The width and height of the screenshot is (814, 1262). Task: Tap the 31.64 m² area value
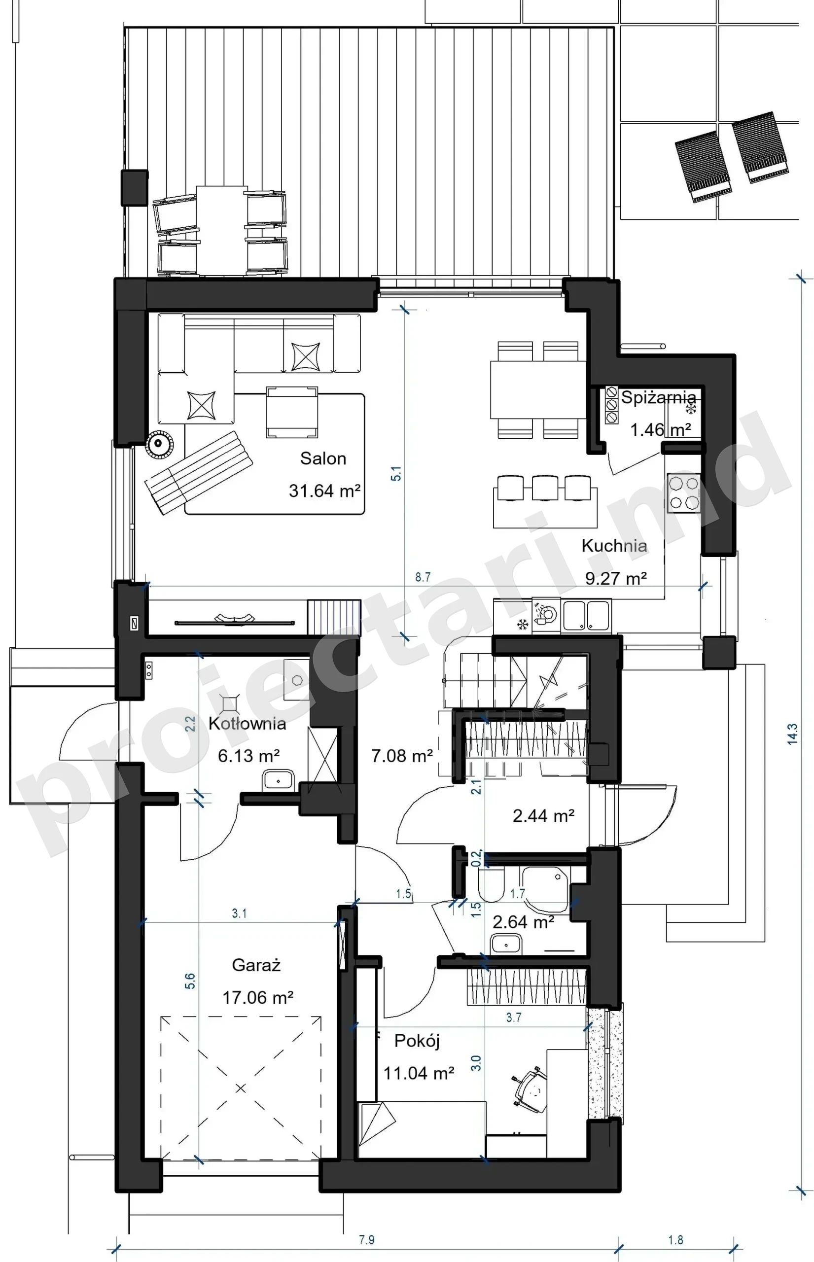[324, 491]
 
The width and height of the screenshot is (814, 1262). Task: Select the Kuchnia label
[614, 545]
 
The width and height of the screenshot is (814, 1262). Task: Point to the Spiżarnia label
[659, 397]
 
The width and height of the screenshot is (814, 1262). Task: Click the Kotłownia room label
[247, 724]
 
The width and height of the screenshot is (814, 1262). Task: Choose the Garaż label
[256, 966]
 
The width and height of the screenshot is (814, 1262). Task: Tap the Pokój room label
[417, 1041]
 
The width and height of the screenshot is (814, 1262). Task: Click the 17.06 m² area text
[258, 998]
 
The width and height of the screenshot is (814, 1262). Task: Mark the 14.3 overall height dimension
[792, 734]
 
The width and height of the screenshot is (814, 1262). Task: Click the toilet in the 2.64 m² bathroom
[491, 885]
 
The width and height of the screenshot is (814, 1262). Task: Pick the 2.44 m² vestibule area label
[543, 815]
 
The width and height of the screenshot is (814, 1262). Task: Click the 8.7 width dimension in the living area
[423, 577]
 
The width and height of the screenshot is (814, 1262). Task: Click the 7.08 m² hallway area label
[402, 756]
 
